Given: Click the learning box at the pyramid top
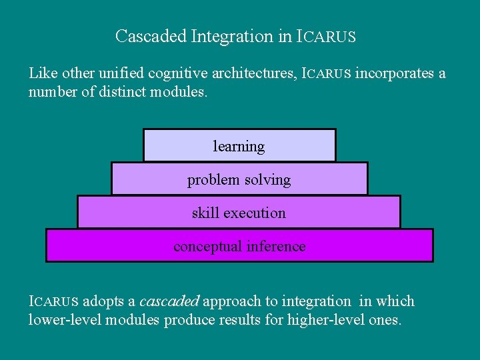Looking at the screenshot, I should point(239,146).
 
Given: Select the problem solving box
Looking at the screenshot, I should point(239,179).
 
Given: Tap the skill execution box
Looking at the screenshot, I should point(239,213).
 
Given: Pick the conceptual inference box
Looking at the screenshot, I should point(239,246).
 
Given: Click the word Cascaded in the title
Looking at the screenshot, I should point(151,36).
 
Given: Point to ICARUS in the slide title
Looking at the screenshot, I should point(326,36).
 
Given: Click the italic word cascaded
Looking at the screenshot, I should point(169,301).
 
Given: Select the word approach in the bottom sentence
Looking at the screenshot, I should point(231,301).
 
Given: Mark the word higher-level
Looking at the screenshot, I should point(320,319).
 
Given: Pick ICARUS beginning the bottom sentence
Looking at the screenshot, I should point(53,301).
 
